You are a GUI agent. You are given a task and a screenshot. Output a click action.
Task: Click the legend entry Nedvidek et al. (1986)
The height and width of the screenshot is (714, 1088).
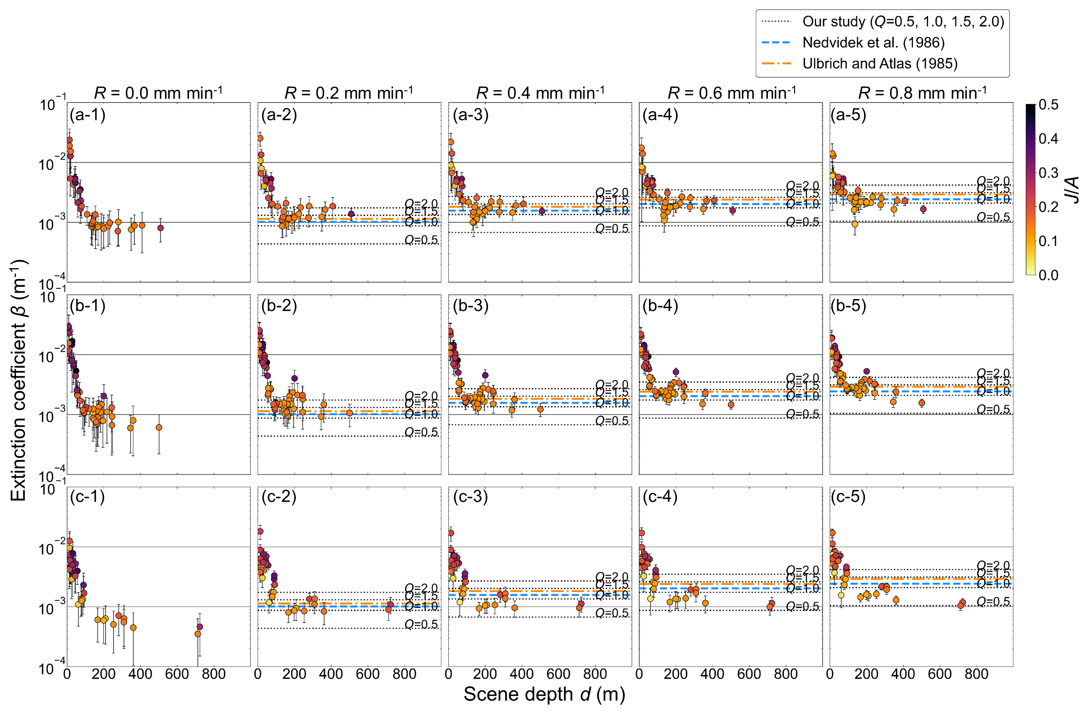pyautogui.click(x=873, y=43)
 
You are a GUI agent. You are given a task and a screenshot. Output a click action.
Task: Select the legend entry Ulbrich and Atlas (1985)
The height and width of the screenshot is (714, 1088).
pyautogui.click(x=880, y=64)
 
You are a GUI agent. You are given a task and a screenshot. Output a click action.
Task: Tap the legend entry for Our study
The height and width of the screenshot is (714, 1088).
pyautogui.click(x=903, y=21)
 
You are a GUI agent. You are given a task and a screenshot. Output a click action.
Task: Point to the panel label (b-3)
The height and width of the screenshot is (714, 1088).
pyautogui.click(x=470, y=306)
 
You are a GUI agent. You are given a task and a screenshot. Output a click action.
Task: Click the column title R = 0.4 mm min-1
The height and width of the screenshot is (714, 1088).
pyautogui.click(x=540, y=93)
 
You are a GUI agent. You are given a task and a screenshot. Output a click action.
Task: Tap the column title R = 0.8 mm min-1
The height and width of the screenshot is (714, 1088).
pyautogui.click(x=922, y=93)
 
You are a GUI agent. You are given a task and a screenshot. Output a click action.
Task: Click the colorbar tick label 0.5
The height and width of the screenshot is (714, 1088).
pyautogui.click(x=1048, y=105)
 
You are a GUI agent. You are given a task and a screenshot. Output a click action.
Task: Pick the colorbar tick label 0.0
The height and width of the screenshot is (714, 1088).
pyautogui.click(x=1048, y=275)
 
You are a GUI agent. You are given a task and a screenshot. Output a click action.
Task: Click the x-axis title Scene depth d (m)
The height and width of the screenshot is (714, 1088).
pyautogui.click(x=544, y=694)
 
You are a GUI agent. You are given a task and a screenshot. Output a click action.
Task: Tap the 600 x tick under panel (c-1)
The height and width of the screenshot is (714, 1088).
pyautogui.click(x=177, y=674)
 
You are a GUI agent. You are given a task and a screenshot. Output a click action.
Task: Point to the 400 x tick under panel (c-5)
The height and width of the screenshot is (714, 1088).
pyautogui.click(x=903, y=674)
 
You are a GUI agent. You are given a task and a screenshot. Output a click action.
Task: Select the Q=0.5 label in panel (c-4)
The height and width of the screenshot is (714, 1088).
pyautogui.click(x=802, y=606)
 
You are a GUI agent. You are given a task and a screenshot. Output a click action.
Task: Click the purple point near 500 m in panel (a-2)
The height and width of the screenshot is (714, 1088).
pyautogui.click(x=351, y=214)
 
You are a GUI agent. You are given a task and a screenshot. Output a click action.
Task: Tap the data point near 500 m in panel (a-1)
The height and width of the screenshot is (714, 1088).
pyautogui.click(x=161, y=228)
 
